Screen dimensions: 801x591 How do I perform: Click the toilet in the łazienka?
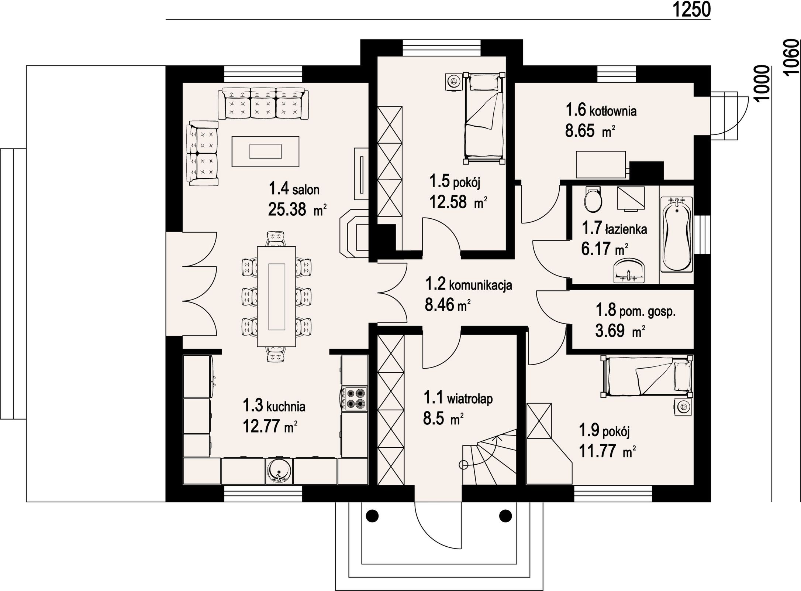(593, 200)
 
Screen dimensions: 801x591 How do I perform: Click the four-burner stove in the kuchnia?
(355, 399)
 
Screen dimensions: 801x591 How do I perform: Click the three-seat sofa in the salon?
(263, 104)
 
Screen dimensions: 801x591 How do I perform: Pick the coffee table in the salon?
(265, 151)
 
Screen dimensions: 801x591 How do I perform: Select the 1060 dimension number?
(791, 58)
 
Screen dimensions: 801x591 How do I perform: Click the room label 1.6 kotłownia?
(601, 110)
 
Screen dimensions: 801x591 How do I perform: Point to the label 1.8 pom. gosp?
(636, 311)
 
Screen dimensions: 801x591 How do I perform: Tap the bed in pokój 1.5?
(484, 118)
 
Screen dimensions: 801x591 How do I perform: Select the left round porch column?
(372, 515)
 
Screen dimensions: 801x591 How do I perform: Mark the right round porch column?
(505, 515)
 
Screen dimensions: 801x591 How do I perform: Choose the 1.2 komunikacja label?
(469, 285)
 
